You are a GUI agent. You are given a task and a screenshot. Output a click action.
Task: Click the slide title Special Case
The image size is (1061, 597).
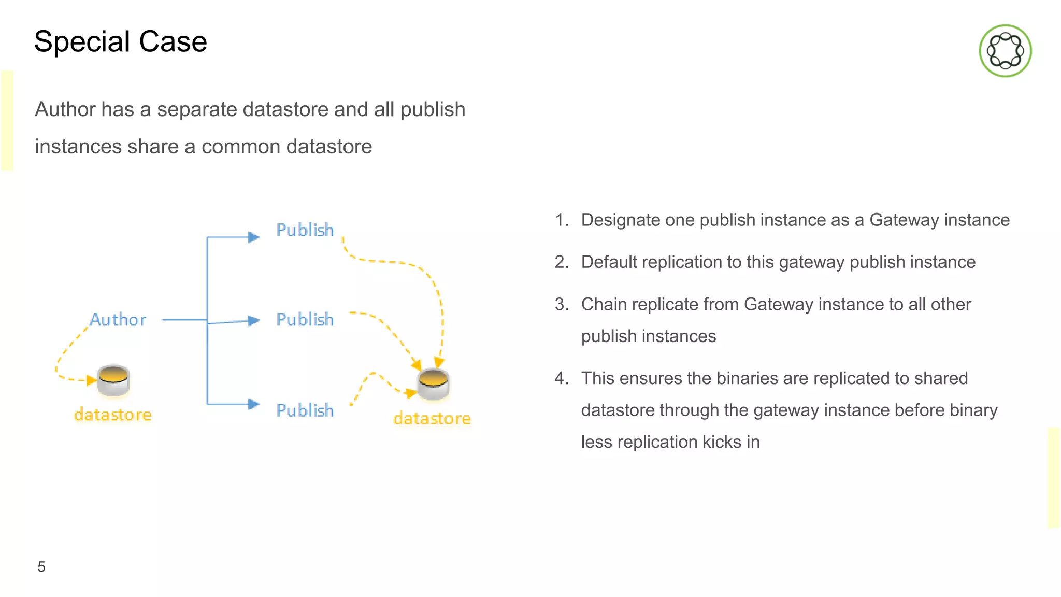pyautogui.click(x=120, y=41)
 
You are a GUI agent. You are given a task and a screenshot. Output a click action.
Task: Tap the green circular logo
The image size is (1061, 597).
pyautogui.click(x=1005, y=51)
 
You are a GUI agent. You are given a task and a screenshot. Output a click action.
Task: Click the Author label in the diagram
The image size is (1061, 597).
pyautogui.click(x=118, y=320)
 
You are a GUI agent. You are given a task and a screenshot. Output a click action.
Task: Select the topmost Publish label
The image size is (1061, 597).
pyautogui.click(x=305, y=230)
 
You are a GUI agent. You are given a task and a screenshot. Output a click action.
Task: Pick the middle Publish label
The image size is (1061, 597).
pyautogui.click(x=305, y=320)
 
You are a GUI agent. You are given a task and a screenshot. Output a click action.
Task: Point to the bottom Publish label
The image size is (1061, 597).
pyautogui.click(x=305, y=410)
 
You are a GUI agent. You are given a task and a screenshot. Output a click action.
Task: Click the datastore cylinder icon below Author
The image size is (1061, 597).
pyautogui.click(x=113, y=380)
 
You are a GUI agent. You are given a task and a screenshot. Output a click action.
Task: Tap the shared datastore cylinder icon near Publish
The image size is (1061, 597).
pyautogui.click(x=433, y=384)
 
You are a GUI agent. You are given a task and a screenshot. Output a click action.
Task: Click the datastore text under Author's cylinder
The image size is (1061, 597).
pyautogui.click(x=113, y=415)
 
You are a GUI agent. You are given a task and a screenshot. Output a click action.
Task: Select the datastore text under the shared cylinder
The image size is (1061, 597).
pyautogui.click(x=432, y=418)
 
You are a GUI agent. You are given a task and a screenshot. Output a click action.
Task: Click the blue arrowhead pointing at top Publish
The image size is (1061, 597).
pyautogui.click(x=253, y=237)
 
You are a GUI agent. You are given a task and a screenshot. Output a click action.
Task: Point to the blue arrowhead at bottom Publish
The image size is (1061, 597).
pyautogui.click(x=253, y=404)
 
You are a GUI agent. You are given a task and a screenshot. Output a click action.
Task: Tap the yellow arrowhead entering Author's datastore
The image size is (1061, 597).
pyautogui.click(x=92, y=380)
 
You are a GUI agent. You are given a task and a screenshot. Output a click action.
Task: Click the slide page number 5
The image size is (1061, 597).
pyautogui.click(x=41, y=567)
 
